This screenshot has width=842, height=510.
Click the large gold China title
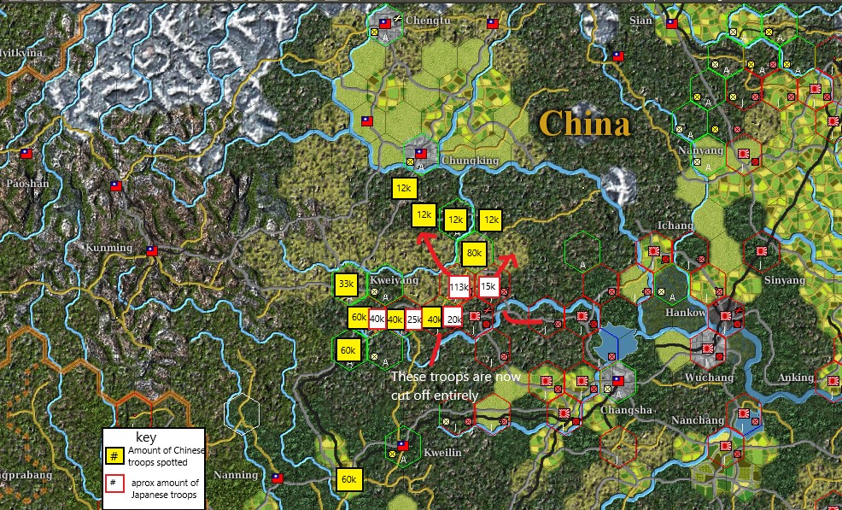click(x=586, y=124)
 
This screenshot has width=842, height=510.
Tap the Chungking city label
click(x=469, y=161)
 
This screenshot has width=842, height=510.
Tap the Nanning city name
click(x=236, y=475)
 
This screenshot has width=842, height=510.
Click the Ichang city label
click(x=675, y=226)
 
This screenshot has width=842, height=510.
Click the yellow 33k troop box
click(x=347, y=284)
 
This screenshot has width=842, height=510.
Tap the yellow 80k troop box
click(x=474, y=254)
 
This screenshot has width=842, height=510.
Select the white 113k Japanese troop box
click(x=459, y=288)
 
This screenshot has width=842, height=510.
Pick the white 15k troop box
click(x=488, y=287)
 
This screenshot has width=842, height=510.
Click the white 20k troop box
click(x=453, y=319)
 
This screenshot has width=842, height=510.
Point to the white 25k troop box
click(x=414, y=319)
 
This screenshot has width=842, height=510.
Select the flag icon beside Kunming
click(x=151, y=251)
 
